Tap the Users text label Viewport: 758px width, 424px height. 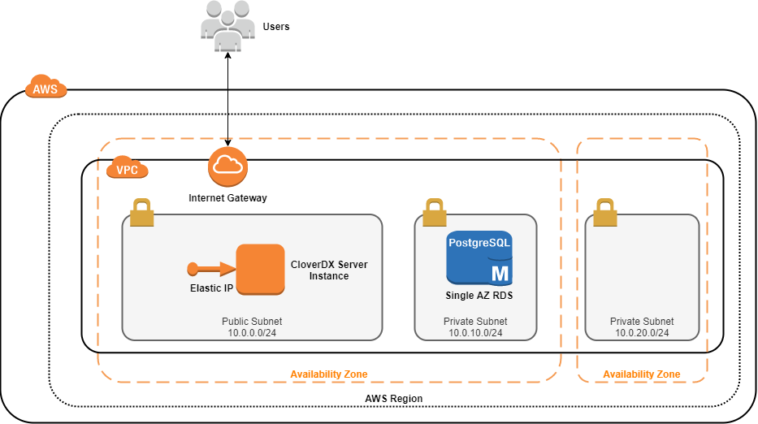276,27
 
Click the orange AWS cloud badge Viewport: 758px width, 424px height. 45,88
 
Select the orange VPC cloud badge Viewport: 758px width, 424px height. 128,169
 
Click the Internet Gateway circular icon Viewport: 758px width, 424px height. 227,167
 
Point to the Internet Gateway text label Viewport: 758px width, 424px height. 227,197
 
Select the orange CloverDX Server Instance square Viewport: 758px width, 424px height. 260,270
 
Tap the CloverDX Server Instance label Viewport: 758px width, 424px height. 328,270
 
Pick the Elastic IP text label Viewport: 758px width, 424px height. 210,288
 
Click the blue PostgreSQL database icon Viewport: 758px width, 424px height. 479,257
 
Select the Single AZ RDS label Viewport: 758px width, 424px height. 479,296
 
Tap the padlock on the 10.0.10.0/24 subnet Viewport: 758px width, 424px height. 434,213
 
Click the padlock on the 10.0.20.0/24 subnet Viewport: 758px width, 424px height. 604,213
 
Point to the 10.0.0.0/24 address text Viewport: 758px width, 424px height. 252,332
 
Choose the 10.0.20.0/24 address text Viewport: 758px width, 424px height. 642,332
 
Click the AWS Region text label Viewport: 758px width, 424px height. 394,399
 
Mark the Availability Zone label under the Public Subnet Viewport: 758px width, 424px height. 329,374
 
